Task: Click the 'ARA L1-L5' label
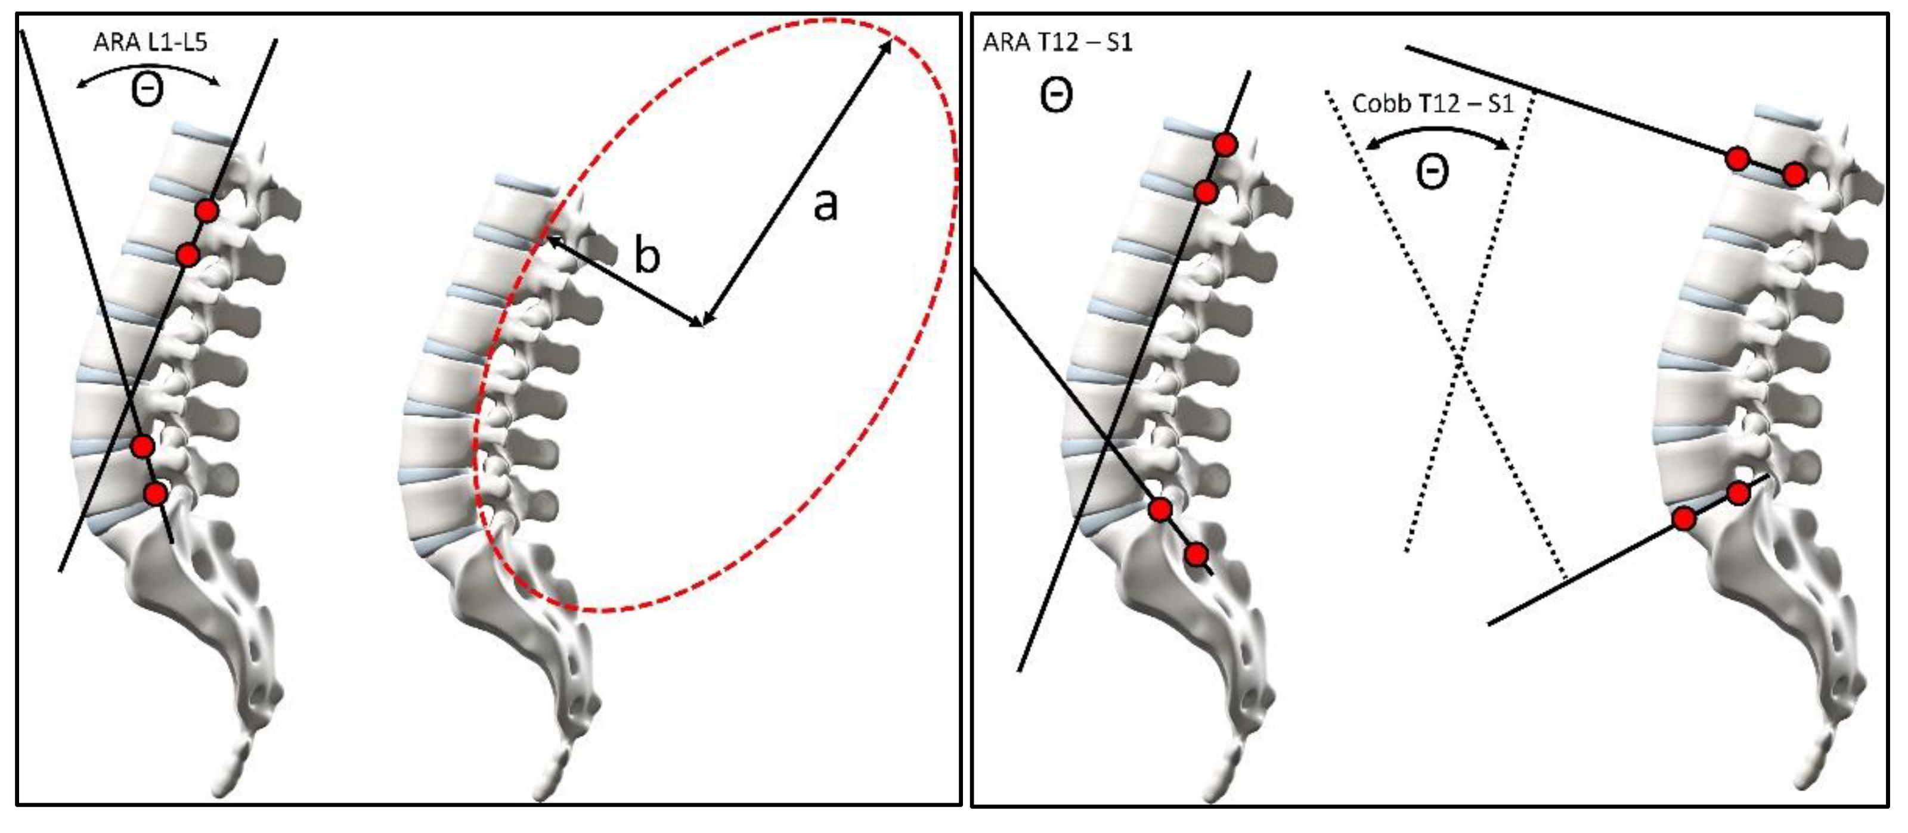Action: coord(150,42)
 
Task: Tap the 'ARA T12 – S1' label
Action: coord(1057,43)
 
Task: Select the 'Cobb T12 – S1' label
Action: coord(1432,104)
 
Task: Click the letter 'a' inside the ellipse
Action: coord(825,205)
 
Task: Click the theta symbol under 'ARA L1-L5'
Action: coord(147,92)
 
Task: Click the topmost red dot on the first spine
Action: coord(207,211)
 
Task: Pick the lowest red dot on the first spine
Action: coord(155,493)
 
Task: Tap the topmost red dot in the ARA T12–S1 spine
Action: coord(1225,144)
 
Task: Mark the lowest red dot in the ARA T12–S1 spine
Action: coord(1196,554)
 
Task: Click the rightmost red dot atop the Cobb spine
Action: coord(1794,175)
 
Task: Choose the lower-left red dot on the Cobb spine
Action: coord(1684,519)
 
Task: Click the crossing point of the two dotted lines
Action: coord(1460,359)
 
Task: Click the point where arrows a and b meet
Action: coord(702,324)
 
